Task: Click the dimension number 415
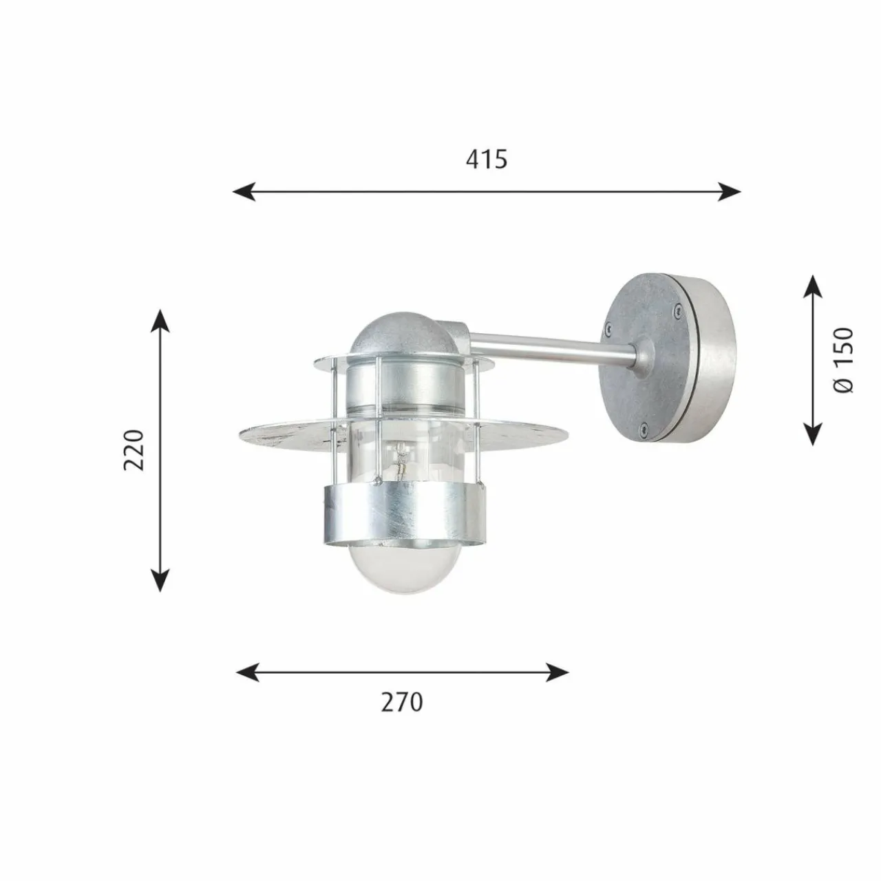pyautogui.click(x=487, y=160)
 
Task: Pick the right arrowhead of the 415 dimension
pyautogui.click(x=729, y=191)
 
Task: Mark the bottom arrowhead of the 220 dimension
pyautogui.click(x=160, y=580)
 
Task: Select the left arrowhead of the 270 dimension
pyautogui.click(x=247, y=684)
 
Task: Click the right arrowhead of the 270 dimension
pyautogui.click(x=558, y=684)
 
